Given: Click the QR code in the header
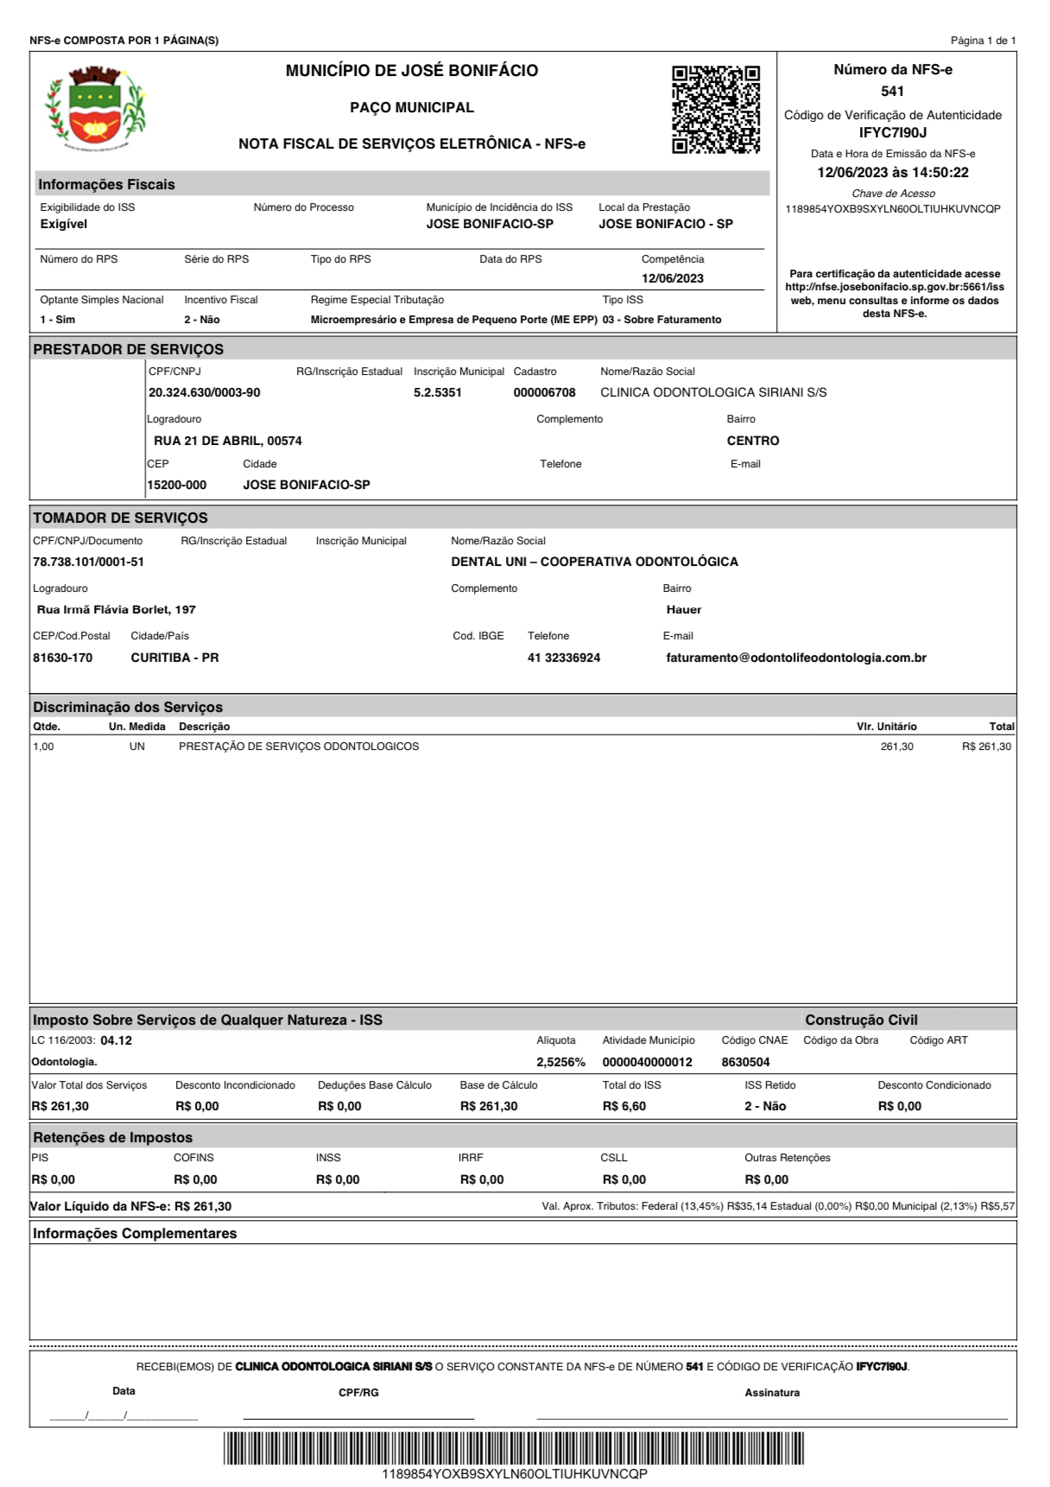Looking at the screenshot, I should point(716,110).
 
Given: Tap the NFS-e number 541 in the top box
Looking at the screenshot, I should point(893,92).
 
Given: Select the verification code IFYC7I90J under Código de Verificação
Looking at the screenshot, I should point(893,133).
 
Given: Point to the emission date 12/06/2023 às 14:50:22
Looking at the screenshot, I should point(893,173).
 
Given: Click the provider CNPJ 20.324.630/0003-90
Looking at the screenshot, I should point(204,393).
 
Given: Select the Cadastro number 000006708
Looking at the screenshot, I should point(544,393).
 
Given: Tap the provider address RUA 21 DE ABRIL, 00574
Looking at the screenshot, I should point(228,441).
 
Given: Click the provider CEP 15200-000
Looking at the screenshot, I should point(177,486).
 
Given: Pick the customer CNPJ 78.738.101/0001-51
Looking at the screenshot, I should point(88,562).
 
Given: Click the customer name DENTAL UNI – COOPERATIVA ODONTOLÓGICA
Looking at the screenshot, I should point(594,562).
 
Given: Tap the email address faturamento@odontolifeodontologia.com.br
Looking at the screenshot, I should point(796,658).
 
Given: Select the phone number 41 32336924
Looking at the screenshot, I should point(564,658).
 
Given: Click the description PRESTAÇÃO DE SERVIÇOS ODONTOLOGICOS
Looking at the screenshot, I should point(299,747).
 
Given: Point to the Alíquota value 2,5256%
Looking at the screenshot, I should point(560,1063).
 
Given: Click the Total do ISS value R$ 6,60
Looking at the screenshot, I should point(623,1107).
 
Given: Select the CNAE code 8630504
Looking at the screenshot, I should point(745,1063).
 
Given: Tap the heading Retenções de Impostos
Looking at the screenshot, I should point(112,1138).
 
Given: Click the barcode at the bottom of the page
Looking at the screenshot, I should point(514,1448).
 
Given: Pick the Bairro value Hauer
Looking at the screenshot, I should point(684,610).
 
